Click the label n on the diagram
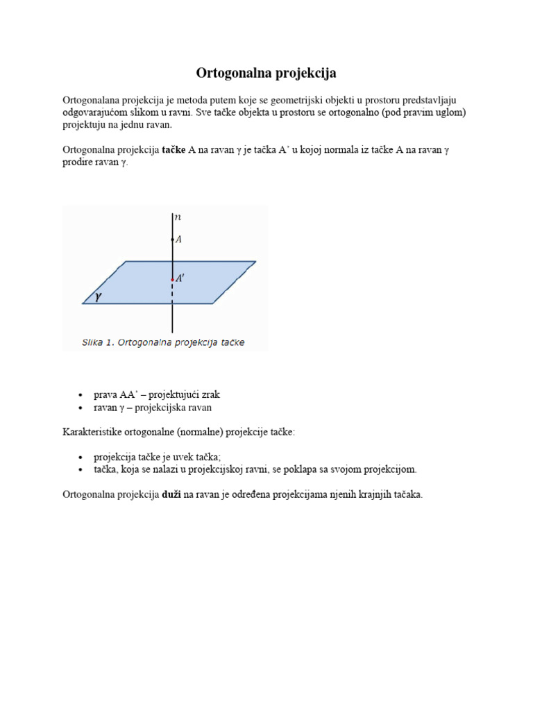click(x=178, y=217)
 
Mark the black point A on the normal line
click(x=173, y=240)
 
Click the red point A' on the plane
click(x=173, y=280)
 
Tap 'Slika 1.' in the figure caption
click(x=99, y=342)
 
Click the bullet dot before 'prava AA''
click(x=81, y=395)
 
